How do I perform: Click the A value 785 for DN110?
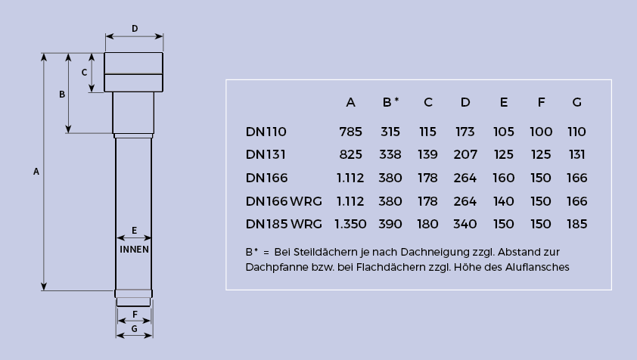point(350,132)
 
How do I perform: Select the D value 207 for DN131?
point(465,154)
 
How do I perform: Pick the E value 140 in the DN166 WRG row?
point(503,201)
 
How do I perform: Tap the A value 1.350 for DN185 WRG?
point(350,224)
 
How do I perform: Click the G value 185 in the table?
point(577,224)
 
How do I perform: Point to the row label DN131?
point(266,154)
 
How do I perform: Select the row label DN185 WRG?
point(284,224)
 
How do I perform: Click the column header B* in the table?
point(390,102)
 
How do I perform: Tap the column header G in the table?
point(577,102)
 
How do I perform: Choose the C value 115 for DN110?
point(427,132)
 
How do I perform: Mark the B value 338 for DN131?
point(390,154)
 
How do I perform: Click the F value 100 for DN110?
point(541,132)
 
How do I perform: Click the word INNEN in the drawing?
point(134,250)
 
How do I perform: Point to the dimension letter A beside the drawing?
point(36,172)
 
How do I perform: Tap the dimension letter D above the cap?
point(135,29)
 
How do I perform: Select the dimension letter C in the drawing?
point(84,73)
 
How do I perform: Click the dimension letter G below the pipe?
point(134,329)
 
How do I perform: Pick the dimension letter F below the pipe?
point(135,314)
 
